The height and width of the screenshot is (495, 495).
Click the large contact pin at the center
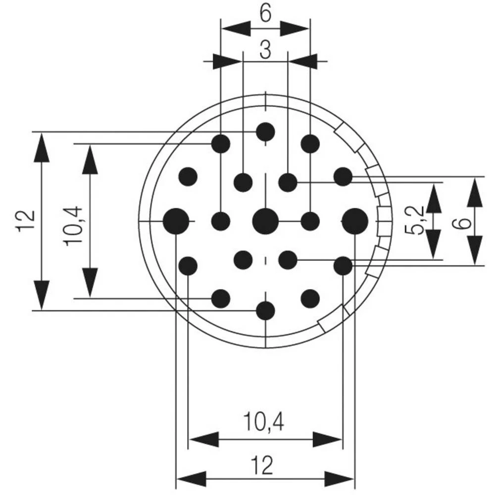click(265, 221)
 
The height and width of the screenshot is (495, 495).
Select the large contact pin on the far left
click(176, 221)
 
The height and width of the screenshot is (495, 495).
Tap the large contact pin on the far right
click(355, 221)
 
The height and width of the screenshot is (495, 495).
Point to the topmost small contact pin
click(265, 132)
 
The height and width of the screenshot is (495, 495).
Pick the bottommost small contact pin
click(265, 311)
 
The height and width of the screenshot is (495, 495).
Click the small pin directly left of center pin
click(221, 221)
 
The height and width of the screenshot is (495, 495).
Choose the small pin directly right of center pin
click(310, 221)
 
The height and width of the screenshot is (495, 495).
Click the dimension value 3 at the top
click(265, 50)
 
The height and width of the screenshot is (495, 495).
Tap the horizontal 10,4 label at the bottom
click(264, 422)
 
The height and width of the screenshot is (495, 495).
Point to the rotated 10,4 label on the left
click(73, 226)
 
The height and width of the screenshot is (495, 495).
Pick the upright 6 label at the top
click(265, 14)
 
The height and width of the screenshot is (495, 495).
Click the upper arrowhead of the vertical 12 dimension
click(41, 148)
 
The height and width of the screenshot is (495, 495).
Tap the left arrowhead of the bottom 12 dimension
click(191, 479)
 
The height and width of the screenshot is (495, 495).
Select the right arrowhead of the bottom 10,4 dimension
click(328, 440)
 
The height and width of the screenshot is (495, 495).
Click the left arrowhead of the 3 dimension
click(228, 61)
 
